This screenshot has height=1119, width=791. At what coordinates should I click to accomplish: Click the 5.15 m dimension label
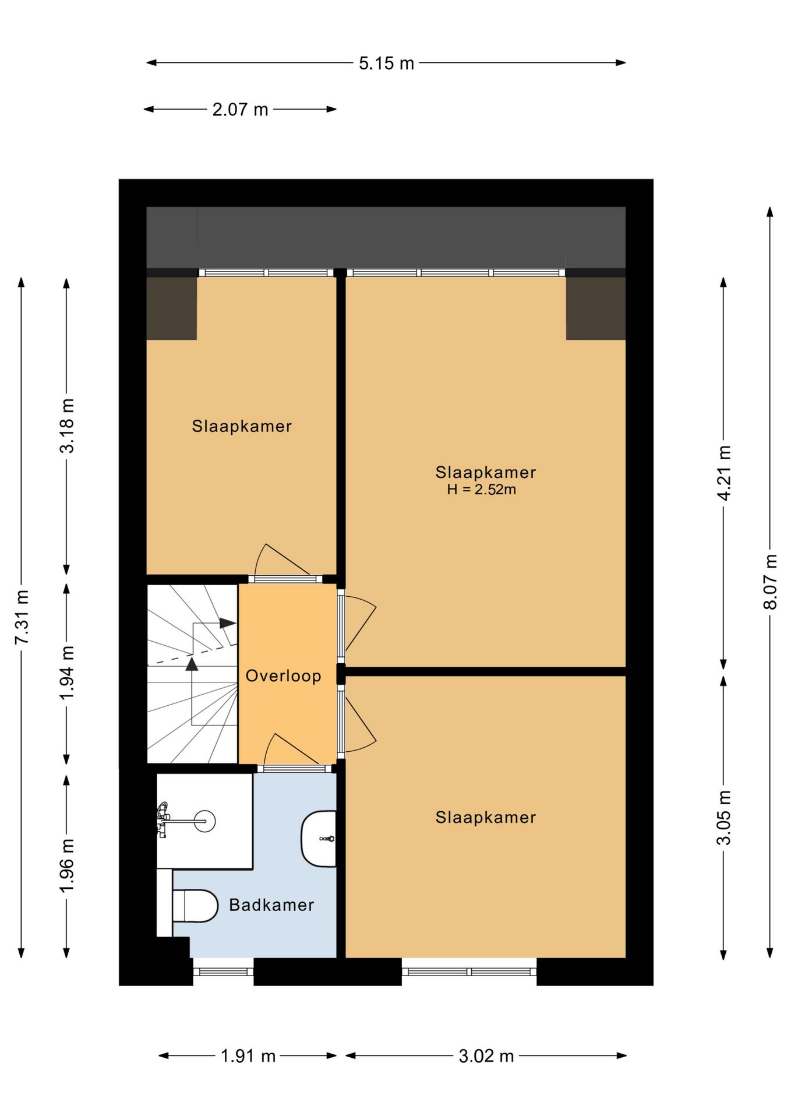[386, 63]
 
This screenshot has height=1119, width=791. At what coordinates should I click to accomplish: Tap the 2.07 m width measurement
[240, 110]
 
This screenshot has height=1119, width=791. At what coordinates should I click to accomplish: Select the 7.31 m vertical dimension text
[22, 617]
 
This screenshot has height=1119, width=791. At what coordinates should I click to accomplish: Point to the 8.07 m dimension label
[770, 582]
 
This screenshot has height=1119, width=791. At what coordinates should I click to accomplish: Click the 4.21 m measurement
[723, 473]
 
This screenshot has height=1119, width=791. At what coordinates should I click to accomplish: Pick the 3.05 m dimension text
[723, 818]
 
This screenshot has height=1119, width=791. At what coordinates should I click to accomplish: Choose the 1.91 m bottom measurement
[248, 1056]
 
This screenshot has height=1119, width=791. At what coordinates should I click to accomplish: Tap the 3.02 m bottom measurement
[486, 1056]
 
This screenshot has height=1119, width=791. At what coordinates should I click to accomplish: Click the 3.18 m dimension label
[67, 426]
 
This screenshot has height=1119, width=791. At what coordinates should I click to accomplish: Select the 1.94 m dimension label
[67, 673]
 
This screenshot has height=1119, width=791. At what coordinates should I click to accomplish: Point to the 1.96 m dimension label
[67, 865]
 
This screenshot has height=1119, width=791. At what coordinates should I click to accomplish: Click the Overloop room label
[284, 676]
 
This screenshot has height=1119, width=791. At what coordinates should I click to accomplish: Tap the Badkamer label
[271, 905]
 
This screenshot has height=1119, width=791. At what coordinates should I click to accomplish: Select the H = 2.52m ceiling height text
[482, 490]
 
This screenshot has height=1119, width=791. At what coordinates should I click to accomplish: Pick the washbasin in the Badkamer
[319, 839]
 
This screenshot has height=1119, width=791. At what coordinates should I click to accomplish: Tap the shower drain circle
[204, 821]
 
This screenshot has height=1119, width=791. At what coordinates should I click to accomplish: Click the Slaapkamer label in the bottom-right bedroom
[486, 818]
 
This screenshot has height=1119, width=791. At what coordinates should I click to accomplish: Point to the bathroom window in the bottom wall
[223, 972]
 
